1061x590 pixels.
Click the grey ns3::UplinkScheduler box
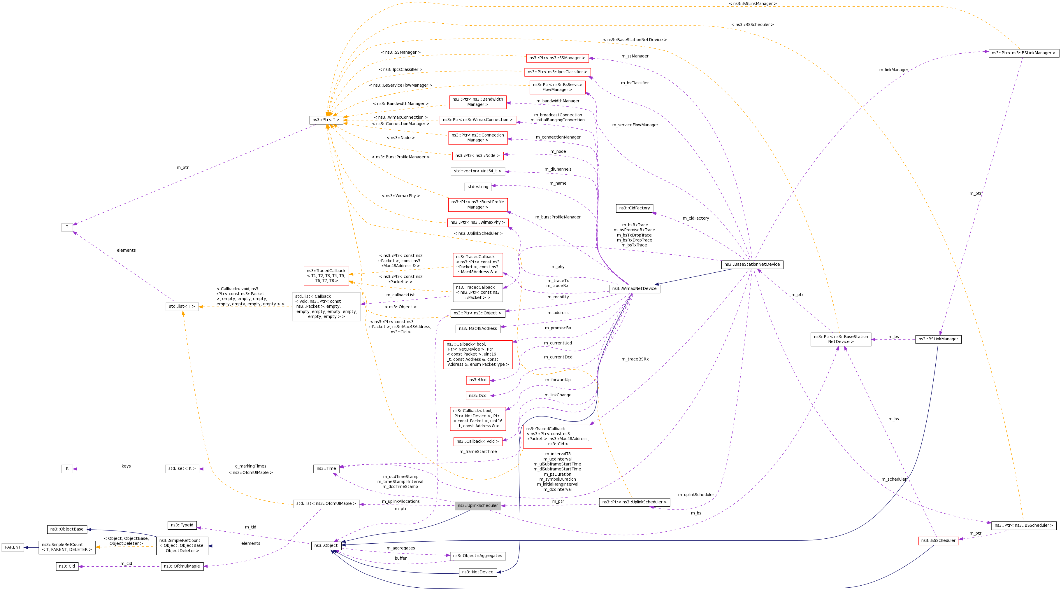coord(478,505)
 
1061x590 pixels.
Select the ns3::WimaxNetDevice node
coord(634,288)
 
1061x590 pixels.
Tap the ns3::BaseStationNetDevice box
coord(752,265)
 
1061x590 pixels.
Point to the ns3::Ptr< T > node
coord(326,120)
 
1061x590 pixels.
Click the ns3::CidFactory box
coord(634,208)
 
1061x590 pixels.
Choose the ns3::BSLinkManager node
coord(938,339)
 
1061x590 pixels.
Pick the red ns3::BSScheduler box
coord(938,540)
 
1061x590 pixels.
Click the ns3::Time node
coord(326,468)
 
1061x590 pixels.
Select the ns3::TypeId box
coord(182,525)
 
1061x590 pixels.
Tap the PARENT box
coord(13,547)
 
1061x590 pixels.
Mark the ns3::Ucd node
coord(478,380)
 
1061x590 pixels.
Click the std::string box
coord(478,187)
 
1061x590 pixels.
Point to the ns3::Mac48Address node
coord(478,328)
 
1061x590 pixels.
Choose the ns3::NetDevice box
coord(478,572)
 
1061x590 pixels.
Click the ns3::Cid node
coord(67,566)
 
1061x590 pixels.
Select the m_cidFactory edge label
coord(696,218)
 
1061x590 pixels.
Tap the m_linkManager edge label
coord(894,70)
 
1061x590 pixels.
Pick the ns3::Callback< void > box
coord(478,441)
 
